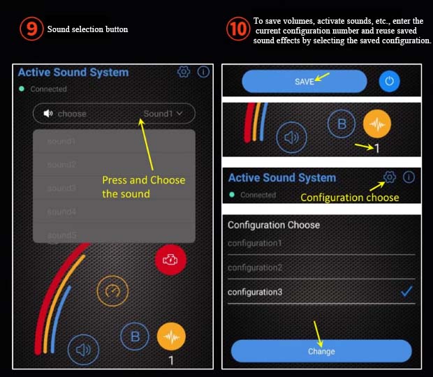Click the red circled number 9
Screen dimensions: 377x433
click(31, 29)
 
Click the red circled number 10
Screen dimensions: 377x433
click(238, 29)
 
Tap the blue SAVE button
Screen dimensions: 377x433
click(304, 82)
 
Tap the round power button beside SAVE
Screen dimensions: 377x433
click(389, 82)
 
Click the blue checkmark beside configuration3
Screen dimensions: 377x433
click(407, 292)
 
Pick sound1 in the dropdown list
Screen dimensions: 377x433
click(61, 142)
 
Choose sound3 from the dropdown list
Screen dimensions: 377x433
click(61, 188)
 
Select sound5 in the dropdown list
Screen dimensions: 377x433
click(61, 235)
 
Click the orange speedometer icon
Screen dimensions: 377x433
click(112, 292)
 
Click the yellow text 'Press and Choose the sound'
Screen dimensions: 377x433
click(143, 186)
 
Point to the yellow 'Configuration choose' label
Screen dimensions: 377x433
click(349, 198)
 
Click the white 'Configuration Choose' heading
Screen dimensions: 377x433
click(274, 225)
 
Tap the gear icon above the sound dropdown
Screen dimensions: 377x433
click(184, 72)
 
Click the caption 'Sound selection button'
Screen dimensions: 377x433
click(87, 29)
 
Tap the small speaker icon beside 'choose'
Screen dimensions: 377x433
click(48, 114)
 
